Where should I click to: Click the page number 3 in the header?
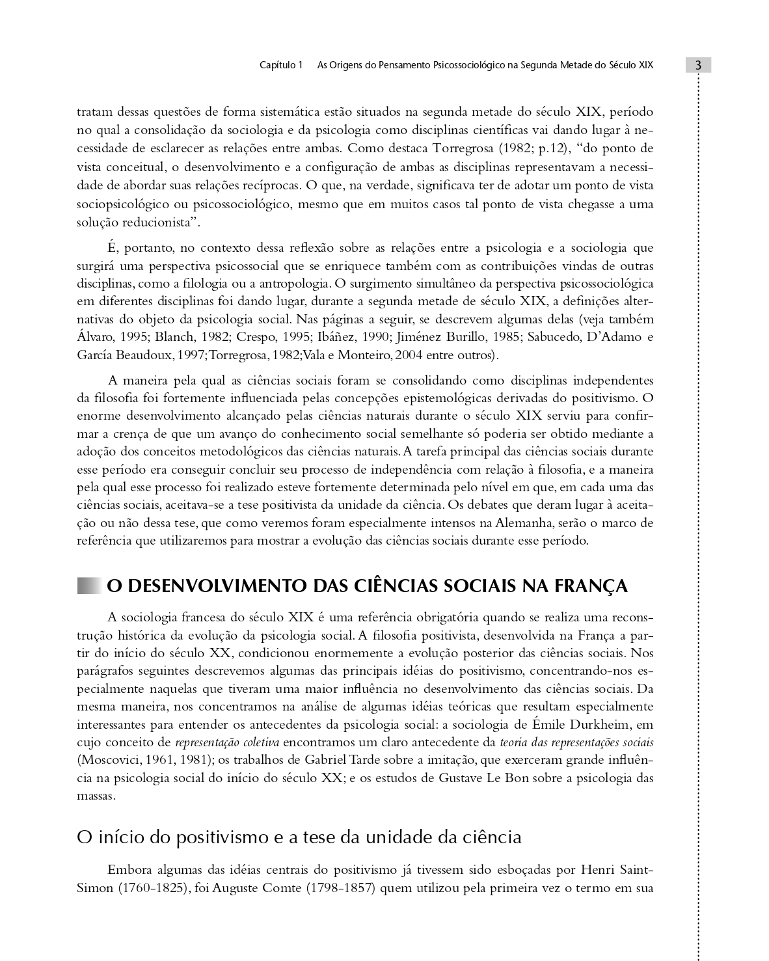(x=697, y=65)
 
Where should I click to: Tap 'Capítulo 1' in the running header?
(x=281, y=65)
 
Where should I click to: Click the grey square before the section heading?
(x=89, y=586)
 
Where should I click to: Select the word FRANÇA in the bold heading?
(x=591, y=586)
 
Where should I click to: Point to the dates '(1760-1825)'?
(x=151, y=888)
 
